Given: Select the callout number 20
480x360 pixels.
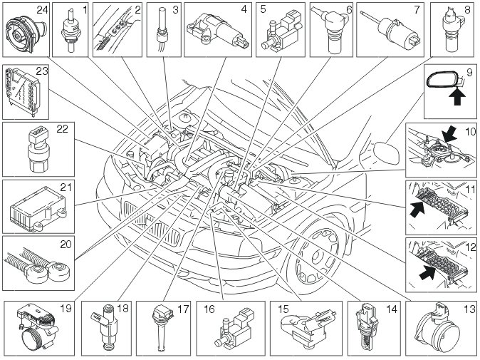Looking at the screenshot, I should point(66,244).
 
